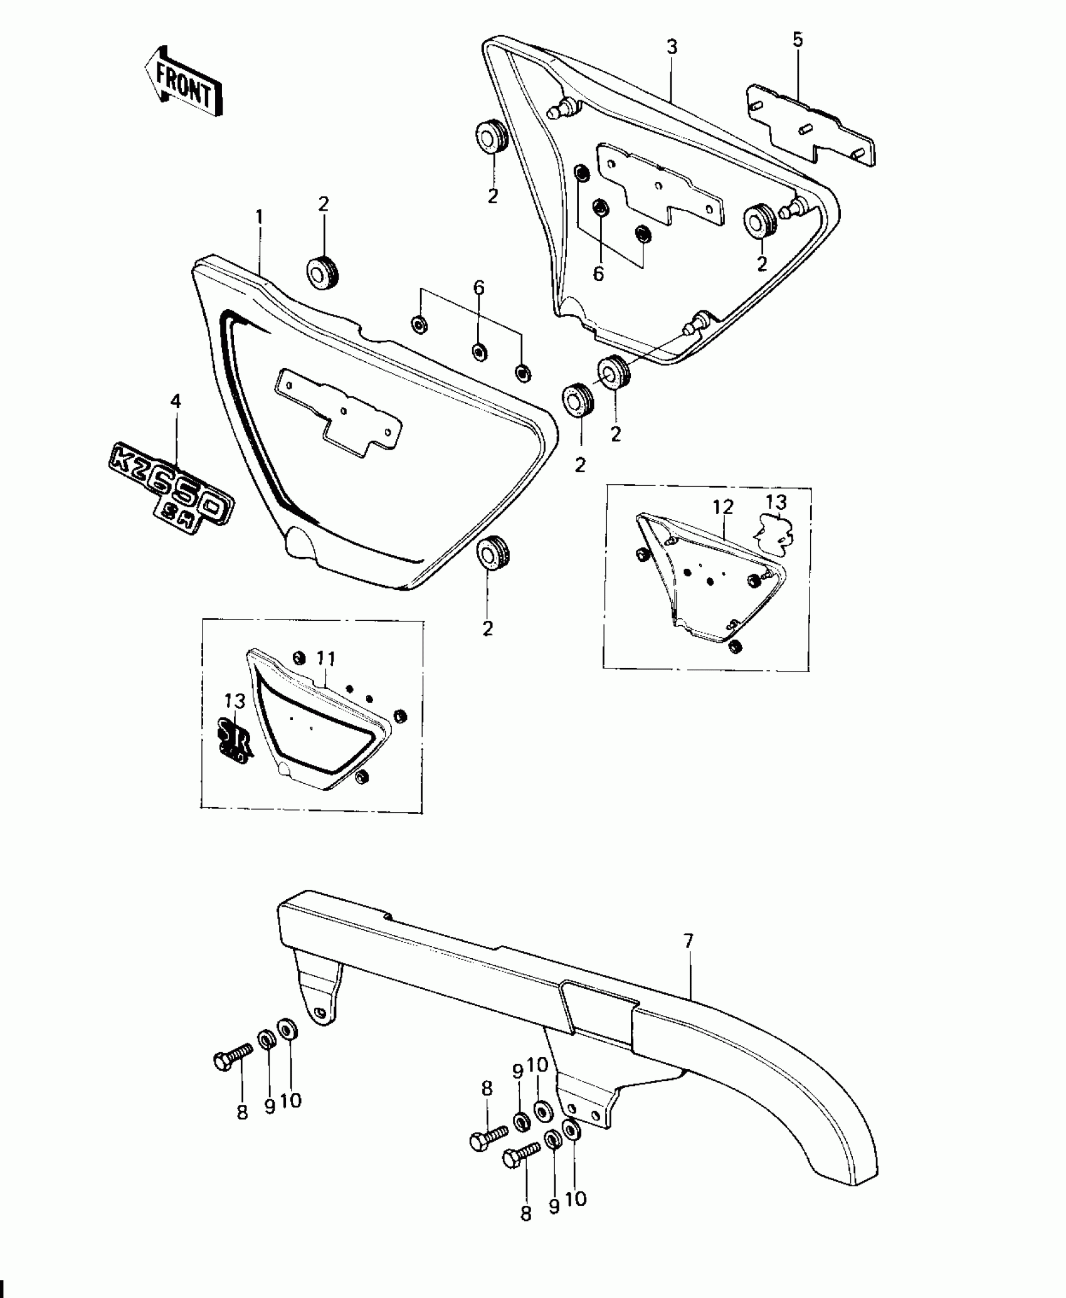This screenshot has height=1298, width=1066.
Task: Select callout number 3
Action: [x=672, y=47]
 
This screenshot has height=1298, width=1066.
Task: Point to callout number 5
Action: [x=797, y=40]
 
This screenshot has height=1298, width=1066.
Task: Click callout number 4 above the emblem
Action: [x=176, y=401]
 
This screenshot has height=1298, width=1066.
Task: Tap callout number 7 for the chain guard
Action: [x=689, y=958]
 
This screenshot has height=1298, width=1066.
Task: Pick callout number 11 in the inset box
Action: [x=326, y=658]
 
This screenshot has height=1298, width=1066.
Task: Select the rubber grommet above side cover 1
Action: [x=323, y=273]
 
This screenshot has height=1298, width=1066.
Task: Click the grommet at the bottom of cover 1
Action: [x=493, y=552]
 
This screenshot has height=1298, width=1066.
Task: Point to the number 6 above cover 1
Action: [x=478, y=288]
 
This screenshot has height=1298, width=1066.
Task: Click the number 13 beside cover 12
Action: [x=776, y=502]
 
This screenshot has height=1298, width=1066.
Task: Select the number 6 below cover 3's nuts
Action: [x=599, y=273]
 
